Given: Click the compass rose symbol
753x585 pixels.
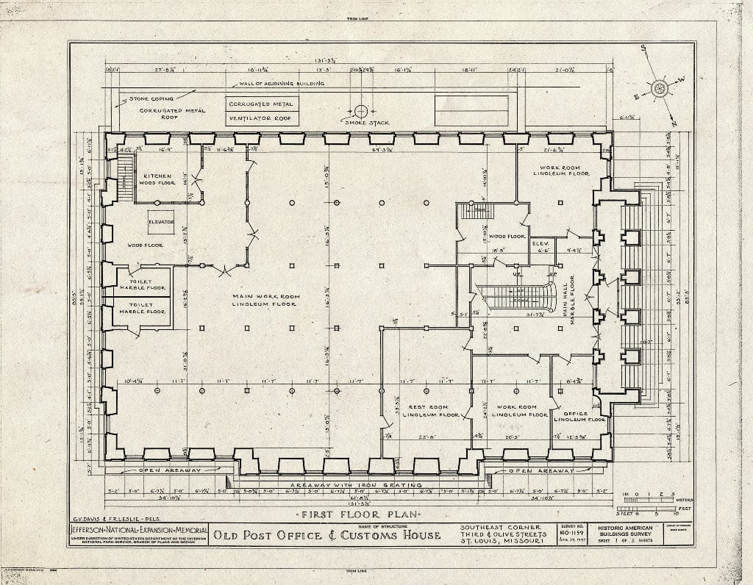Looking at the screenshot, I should tap(659, 88).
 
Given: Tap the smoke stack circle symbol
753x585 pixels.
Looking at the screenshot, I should tap(360, 111).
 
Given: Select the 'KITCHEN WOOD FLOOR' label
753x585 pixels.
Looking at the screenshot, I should tap(157, 179).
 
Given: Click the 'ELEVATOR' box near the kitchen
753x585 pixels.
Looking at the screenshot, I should tap(160, 222).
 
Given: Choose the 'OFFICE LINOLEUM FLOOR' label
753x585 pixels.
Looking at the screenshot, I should tap(579, 416).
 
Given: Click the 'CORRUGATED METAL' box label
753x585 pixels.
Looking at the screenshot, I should tap(260, 105).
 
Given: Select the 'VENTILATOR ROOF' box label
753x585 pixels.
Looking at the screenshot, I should tap(260, 118).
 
